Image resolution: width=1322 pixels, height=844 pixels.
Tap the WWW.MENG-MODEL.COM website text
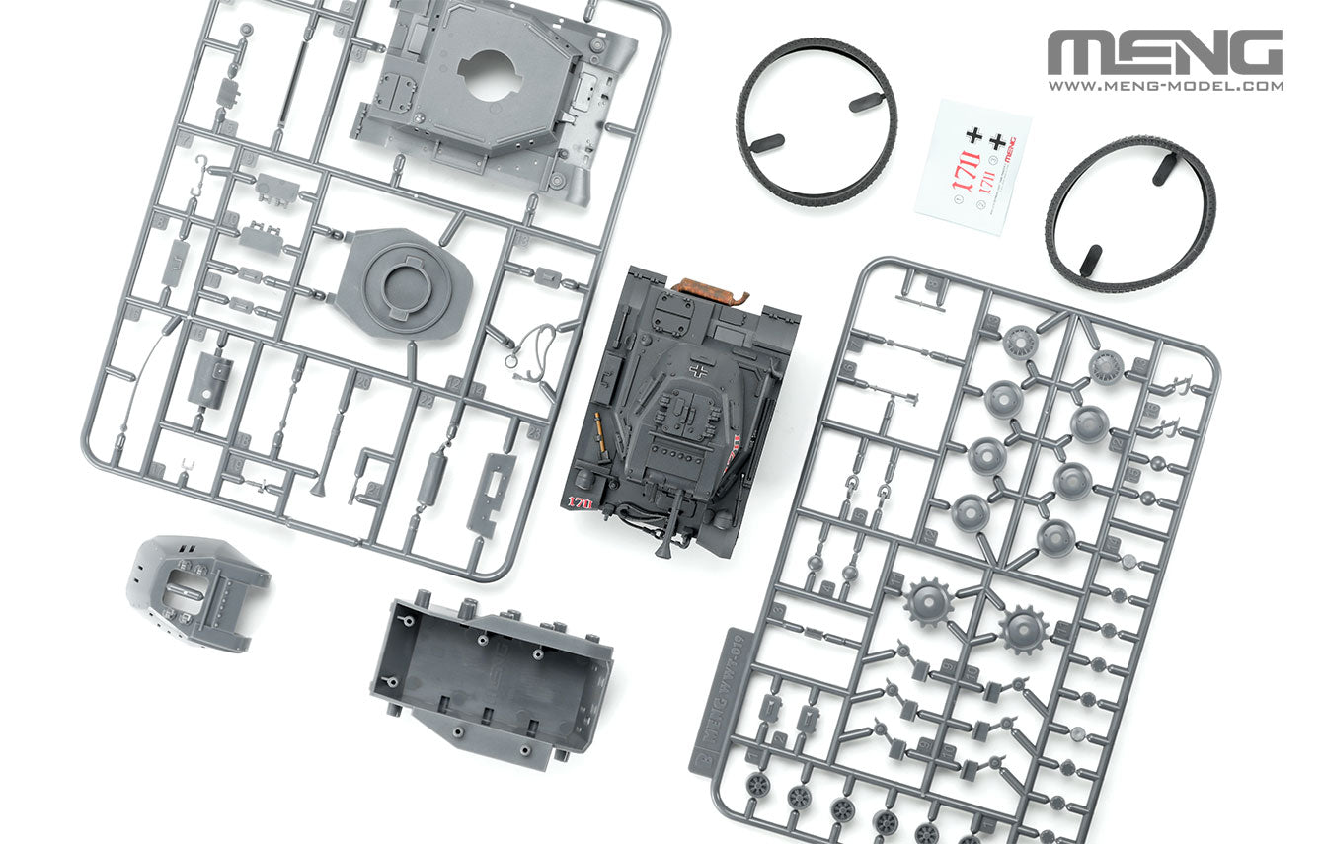[1165, 86]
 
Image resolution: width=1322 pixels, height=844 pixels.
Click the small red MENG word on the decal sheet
[1010, 148]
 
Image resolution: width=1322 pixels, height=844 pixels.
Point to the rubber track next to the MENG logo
[1130, 214]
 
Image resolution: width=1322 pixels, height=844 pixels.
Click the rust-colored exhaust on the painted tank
[709, 289]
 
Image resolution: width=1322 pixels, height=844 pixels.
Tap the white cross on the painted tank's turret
[700, 372]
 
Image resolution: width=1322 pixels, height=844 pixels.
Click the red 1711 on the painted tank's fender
[580, 502]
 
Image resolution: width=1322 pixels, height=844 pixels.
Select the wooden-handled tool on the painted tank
[596, 434]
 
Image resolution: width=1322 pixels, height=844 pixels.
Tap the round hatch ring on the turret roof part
[407, 286]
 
